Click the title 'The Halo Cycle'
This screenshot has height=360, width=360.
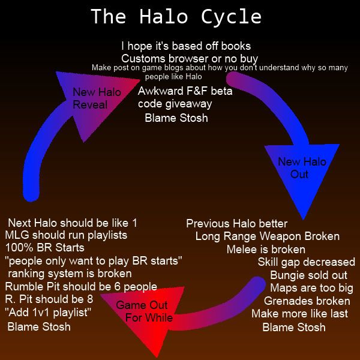point(176,17)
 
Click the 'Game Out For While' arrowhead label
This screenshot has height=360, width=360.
point(144,311)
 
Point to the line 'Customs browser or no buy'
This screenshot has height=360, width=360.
point(190,59)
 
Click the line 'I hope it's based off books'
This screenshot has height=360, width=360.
point(186,46)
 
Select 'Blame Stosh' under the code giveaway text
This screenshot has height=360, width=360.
point(176,118)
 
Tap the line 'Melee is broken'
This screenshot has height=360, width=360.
point(266,249)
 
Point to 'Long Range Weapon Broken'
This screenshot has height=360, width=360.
point(267,236)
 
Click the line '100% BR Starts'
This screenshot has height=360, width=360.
point(45,247)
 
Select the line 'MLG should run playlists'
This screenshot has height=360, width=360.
point(65,235)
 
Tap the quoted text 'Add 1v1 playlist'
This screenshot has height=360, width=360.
point(47,313)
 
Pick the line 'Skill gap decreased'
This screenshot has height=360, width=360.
point(306,262)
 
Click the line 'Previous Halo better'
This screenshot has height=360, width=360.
point(236,223)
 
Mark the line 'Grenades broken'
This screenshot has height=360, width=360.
point(307,301)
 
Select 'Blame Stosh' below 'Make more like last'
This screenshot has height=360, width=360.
point(294,327)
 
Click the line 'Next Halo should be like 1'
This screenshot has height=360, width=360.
point(73,222)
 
